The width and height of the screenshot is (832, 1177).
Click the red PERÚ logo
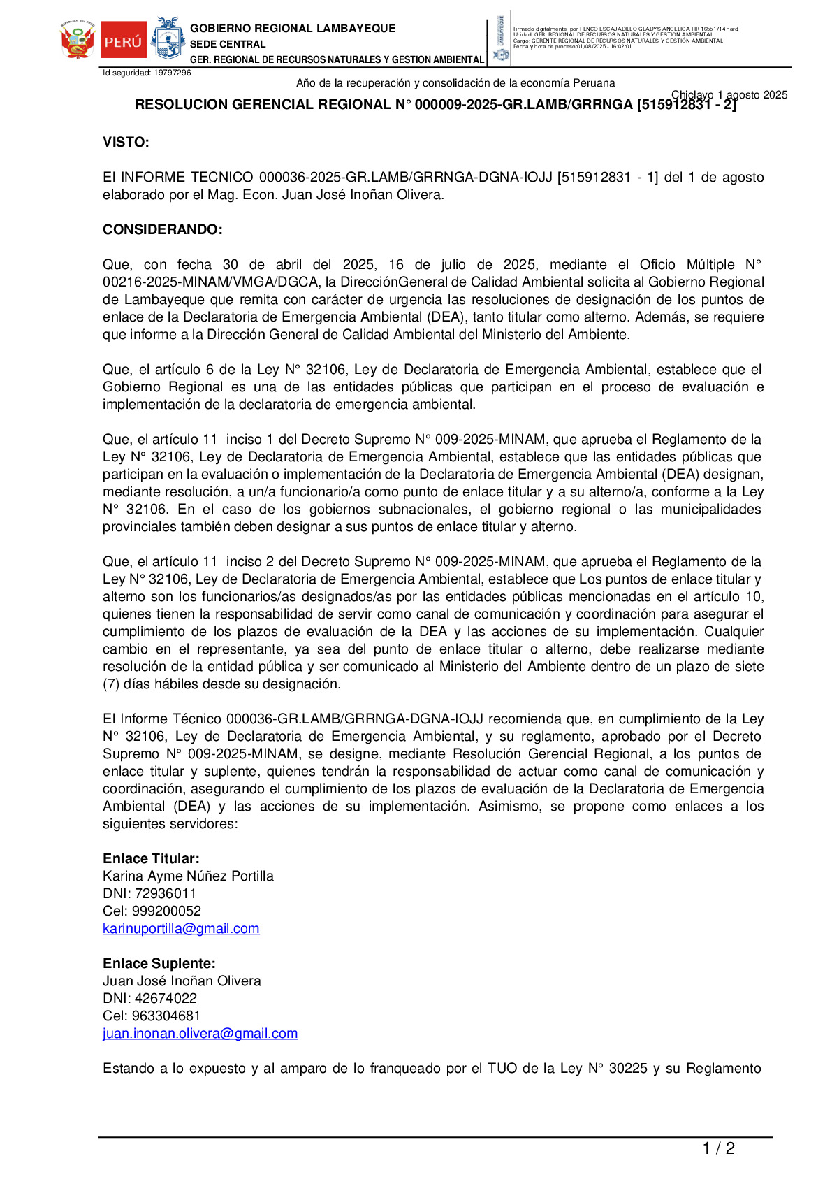(124, 41)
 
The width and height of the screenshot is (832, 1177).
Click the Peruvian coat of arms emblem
(78, 41)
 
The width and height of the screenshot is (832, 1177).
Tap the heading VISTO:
(126, 143)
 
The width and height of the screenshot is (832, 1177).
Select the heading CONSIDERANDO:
(163, 230)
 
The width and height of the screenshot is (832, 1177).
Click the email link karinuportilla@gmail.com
(181, 929)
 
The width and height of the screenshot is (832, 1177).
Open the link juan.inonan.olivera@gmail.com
(200, 1034)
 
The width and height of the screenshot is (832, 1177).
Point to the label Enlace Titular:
(151, 859)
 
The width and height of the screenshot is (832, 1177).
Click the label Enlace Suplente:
(159, 964)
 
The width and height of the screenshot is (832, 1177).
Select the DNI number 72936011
(166, 894)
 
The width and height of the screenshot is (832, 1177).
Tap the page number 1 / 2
(718, 1148)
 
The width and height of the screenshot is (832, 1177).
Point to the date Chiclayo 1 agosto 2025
(729, 95)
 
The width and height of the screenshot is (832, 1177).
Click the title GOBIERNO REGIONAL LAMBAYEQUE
(293, 29)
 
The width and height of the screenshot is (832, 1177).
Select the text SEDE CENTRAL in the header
(228, 44)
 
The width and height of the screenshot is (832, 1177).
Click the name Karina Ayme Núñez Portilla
(188, 876)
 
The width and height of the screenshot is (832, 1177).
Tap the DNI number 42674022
(166, 999)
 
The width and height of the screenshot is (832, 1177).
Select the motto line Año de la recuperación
(455, 83)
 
